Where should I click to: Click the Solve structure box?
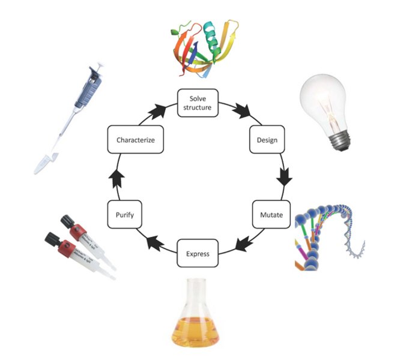click(197, 103)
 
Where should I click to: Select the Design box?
click(266, 140)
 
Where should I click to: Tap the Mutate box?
click(267, 214)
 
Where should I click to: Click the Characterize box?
click(136, 140)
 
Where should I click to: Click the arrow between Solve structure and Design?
click(243, 111)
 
